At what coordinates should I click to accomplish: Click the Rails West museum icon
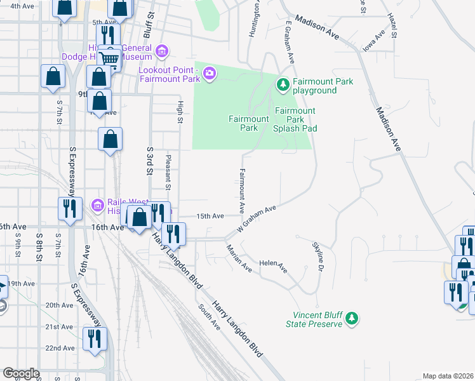click(97, 204)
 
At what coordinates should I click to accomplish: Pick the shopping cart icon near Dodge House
click(110, 59)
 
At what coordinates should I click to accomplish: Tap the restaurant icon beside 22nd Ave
click(95, 338)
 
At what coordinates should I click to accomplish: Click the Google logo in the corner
click(20, 373)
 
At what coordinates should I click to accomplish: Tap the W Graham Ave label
click(257, 218)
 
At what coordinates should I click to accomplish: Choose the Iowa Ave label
click(374, 41)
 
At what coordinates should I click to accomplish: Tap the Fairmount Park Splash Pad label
click(295, 119)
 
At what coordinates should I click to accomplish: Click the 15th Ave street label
click(210, 216)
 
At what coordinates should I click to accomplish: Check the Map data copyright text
click(447, 376)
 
